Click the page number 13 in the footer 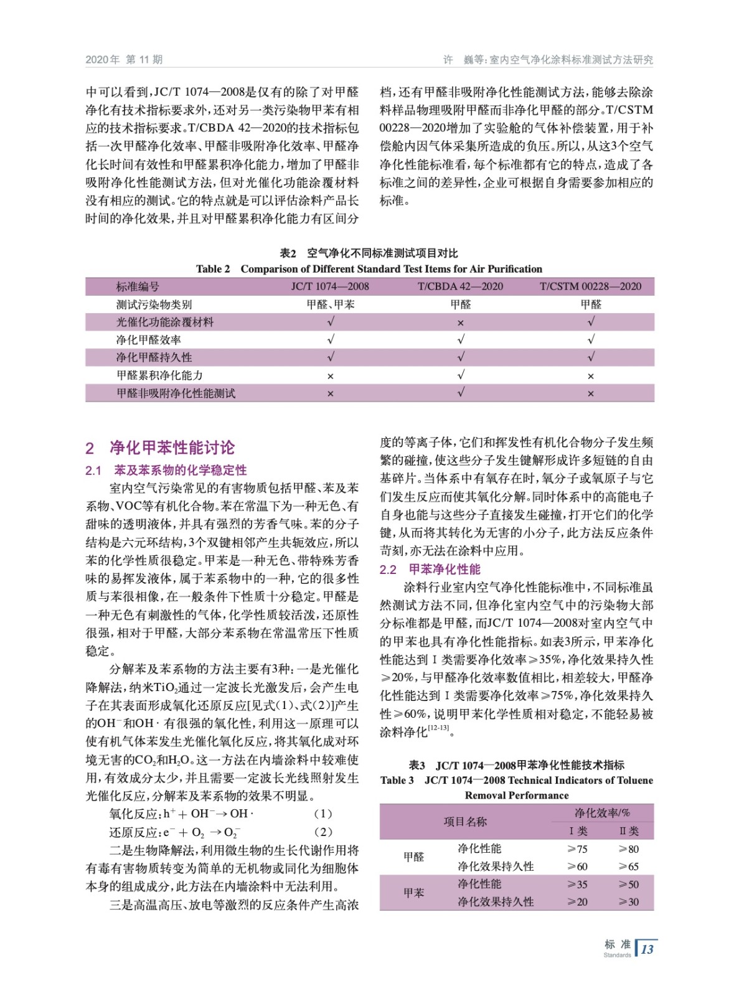pyautogui.click(x=647, y=949)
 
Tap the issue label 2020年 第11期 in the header pyautogui.click(x=124, y=60)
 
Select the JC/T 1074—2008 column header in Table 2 pyautogui.click(x=330, y=286)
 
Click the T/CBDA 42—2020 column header pyautogui.click(x=460, y=286)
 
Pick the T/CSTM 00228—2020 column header pyautogui.click(x=590, y=286)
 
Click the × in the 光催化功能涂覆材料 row pyautogui.click(x=460, y=322)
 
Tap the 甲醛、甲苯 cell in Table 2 pyautogui.click(x=330, y=304)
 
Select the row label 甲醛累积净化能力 pyautogui.click(x=159, y=375)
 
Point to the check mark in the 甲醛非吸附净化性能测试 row pyautogui.click(x=460, y=393)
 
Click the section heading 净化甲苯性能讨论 pyautogui.click(x=172, y=448)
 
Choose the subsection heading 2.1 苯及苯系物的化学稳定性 pyautogui.click(x=166, y=470)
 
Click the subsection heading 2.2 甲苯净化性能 pyautogui.click(x=430, y=569)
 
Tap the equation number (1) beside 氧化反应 pyautogui.click(x=323, y=814)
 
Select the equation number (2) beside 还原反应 pyautogui.click(x=323, y=832)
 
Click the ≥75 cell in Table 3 pyautogui.click(x=577, y=848)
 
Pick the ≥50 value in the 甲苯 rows pyautogui.click(x=628, y=884)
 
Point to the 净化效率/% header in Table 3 pyautogui.click(x=602, y=813)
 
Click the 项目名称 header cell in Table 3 pyautogui.click(x=465, y=822)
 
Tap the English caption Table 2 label pyautogui.click(x=213, y=269)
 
